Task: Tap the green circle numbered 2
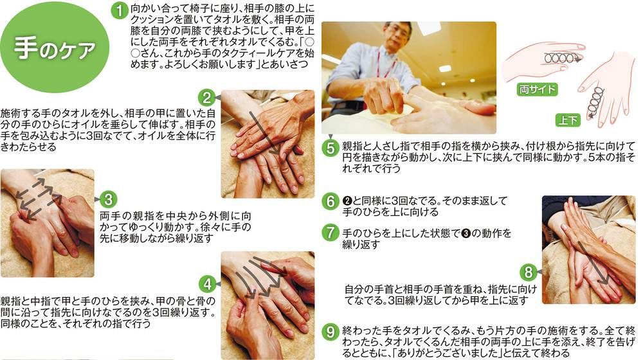point(206,98)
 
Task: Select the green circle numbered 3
point(108,200)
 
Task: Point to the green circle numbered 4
point(208,284)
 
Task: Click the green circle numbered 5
point(331,148)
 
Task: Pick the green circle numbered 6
point(331,201)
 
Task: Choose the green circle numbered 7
point(331,233)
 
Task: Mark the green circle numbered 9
point(331,331)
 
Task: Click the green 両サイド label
point(537,89)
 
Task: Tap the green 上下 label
point(568,120)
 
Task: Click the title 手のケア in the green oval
point(55,48)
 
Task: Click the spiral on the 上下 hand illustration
point(595,102)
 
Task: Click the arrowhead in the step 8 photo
point(603,280)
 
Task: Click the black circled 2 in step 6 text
point(347,201)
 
